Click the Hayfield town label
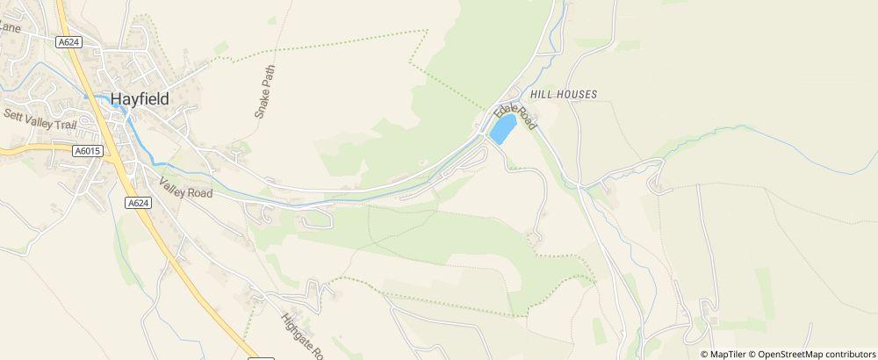[140, 99]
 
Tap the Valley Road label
[185, 187]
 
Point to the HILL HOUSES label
[564, 93]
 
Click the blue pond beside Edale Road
[502, 130]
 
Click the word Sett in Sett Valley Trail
[13, 114]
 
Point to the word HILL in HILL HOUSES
[541, 93]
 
